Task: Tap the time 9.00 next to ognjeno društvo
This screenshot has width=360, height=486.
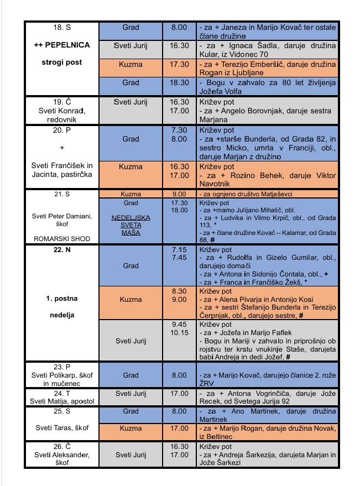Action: [179, 194]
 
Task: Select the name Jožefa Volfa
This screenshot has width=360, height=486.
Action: [220, 91]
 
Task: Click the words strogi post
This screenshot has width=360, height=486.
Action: [61, 62]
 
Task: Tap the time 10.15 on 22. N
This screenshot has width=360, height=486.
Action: [180, 333]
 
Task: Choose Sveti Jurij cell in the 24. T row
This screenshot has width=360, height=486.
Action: [131, 394]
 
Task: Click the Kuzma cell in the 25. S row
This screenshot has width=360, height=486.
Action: [131, 428]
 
